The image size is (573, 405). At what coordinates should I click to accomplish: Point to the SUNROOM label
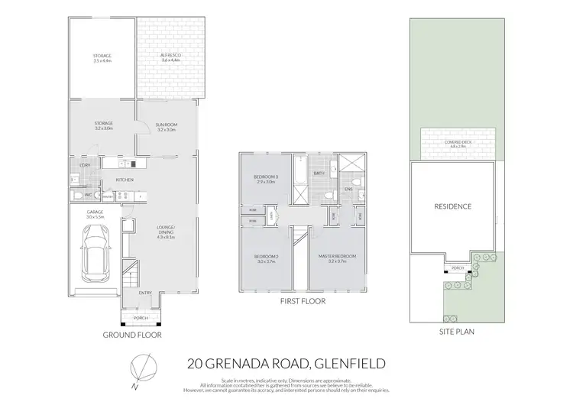(x=166, y=126)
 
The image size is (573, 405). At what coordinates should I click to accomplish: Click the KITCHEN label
(x=125, y=180)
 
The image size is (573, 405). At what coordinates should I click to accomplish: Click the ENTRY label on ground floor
(x=144, y=292)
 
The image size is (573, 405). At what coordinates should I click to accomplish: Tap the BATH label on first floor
(x=319, y=173)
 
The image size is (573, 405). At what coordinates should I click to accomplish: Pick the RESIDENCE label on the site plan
(x=452, y=206)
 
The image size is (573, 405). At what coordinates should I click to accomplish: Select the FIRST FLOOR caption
(x=303, y=301)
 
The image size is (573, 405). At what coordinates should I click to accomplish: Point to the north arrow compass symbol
(x=137, y=367)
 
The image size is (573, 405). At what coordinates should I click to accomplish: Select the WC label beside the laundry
(x=89, y=195)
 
